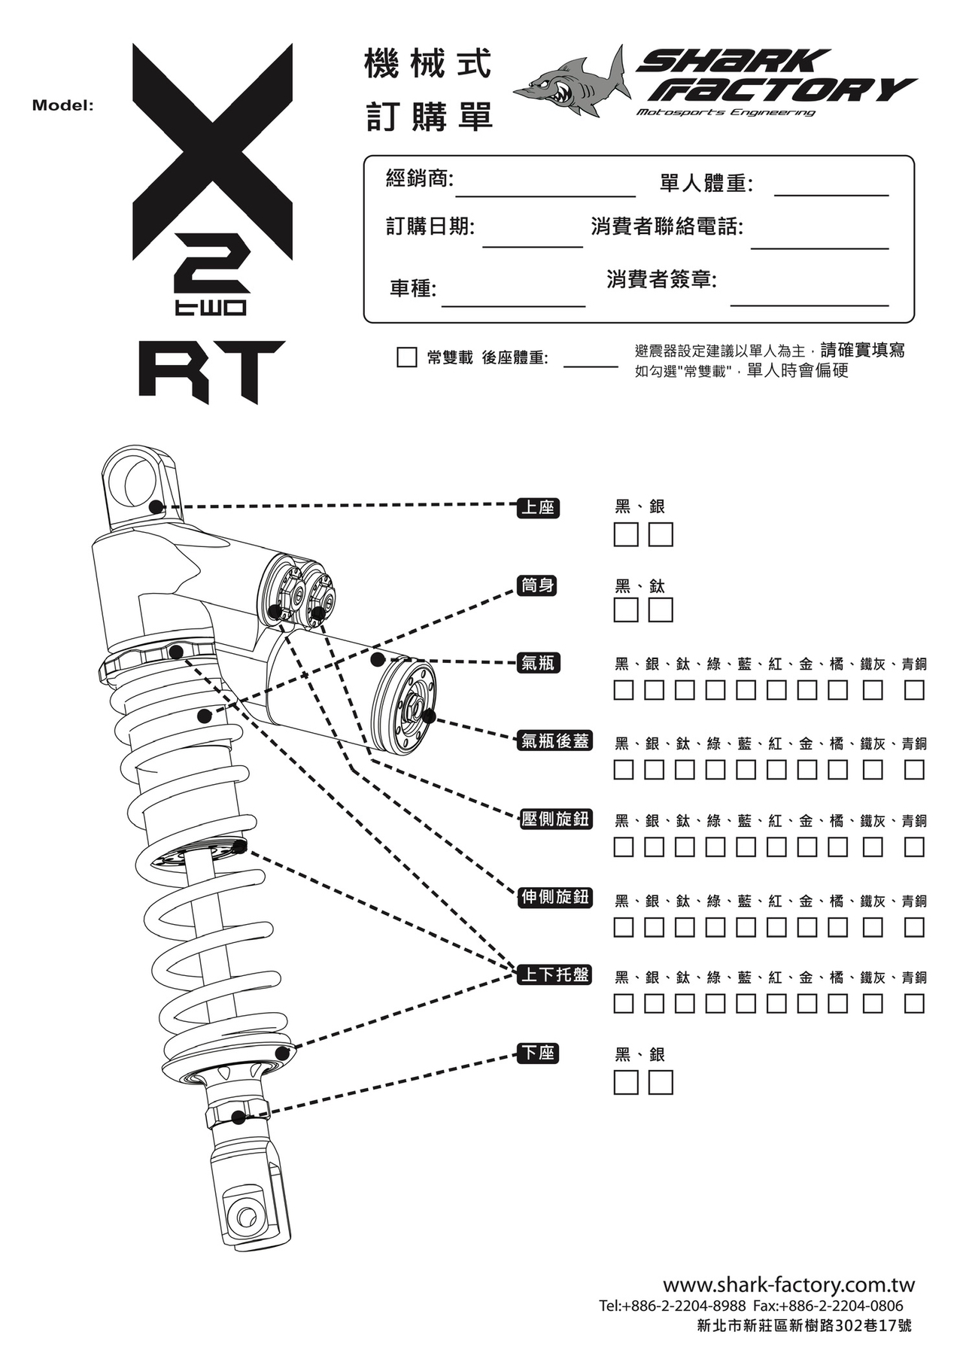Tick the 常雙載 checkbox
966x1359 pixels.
coord(406,357)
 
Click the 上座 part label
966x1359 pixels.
coord(538,508)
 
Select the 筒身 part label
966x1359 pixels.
coord(538,585)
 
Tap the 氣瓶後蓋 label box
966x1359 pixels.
coord(555,741)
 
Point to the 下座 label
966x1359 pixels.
coord(538,1053)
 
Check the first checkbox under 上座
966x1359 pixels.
coord(626,535)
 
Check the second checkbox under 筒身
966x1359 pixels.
coord(661,610)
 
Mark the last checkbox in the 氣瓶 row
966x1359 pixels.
coord(914,690)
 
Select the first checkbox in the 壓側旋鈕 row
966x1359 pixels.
coord(624,847)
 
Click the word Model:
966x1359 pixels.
coord(62,105)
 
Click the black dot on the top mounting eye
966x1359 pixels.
coord(156,506)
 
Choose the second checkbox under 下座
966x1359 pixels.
coord(661,1083)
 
